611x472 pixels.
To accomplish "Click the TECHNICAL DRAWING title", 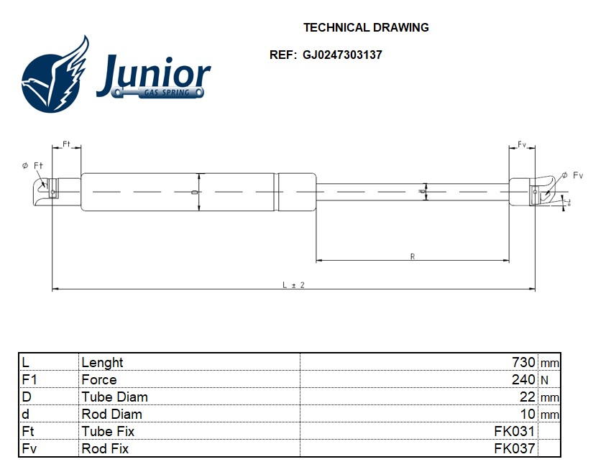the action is pos(366,28).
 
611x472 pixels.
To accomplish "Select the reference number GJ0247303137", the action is pos(342,55).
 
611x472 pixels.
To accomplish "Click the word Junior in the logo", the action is pos(154,73).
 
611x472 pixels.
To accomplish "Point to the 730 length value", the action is pos(523,363).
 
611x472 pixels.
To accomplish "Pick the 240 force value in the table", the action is pos(523,380).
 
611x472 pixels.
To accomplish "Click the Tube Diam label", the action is pos(115,397).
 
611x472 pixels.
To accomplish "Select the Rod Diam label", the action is pos(112,415).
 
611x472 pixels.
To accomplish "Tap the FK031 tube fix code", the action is pos(514,432).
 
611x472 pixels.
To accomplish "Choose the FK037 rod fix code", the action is pos(514,449).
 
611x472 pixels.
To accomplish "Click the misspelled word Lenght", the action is pos(102,363).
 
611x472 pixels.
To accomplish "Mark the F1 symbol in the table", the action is pos(29,380).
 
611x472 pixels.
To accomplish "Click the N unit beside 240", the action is pos(544,380).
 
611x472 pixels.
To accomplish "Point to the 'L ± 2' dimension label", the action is pos(293,284).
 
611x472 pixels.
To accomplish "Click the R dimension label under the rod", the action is pos(413,256).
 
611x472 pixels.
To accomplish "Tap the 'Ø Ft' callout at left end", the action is pos(33,166).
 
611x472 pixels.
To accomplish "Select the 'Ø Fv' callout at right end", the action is pos(572,175).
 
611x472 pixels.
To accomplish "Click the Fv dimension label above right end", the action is pos(522,145).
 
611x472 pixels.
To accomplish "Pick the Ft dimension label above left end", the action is pos(66,144).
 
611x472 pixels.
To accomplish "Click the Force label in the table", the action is pos(99,380).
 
